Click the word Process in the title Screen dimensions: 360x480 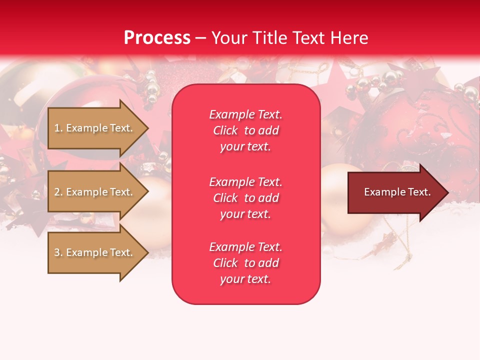point(157,38)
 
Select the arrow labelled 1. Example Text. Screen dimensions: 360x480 point(95,128)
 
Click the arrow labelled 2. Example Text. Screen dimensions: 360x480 point(95,192)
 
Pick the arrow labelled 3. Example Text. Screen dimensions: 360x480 point(95,252)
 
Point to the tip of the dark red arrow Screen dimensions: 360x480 point(447,192)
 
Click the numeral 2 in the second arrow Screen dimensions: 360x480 point(57,192)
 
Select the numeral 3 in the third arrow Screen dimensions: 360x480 point(57,252)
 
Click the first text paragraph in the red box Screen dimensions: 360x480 point(245,130)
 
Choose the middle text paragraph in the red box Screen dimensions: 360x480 point(245,198)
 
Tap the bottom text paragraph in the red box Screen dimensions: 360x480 point(245,263)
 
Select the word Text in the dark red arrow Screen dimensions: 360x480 point(419,192)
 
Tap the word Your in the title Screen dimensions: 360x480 point(228,38)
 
